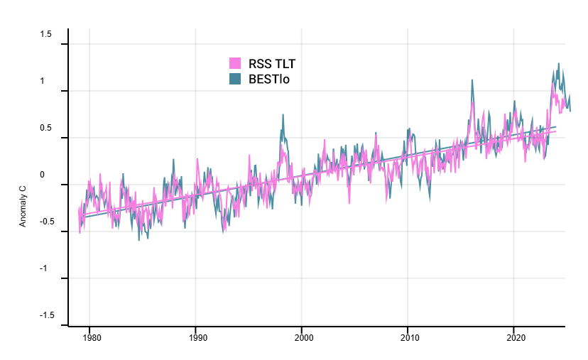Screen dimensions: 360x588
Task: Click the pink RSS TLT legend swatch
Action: pos(235,64)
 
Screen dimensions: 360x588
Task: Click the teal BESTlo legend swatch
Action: pos(235,79)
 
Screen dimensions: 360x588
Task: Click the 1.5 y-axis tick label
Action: pos(46,34)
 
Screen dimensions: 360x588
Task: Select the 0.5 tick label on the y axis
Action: pos(46,128)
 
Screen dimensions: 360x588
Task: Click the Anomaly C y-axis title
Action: pos(23,207)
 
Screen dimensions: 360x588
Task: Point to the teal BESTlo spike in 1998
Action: pos(283,115)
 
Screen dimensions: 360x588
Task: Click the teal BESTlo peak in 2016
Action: pos(472,80)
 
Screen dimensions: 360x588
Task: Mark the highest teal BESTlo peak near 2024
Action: pos(558,64)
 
